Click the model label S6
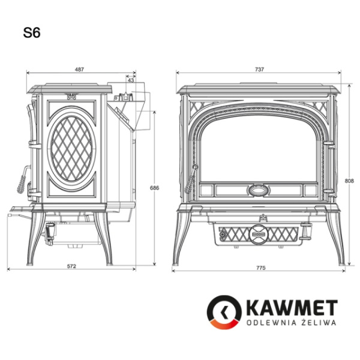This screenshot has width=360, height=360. click(32, 34)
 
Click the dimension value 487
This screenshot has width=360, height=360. click(79, 69)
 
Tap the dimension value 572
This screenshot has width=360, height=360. click(72, 266)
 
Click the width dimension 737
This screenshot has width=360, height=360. click(259, 69)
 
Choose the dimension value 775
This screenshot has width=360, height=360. click(260, 268)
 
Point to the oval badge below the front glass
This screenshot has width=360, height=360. click(259, 191)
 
